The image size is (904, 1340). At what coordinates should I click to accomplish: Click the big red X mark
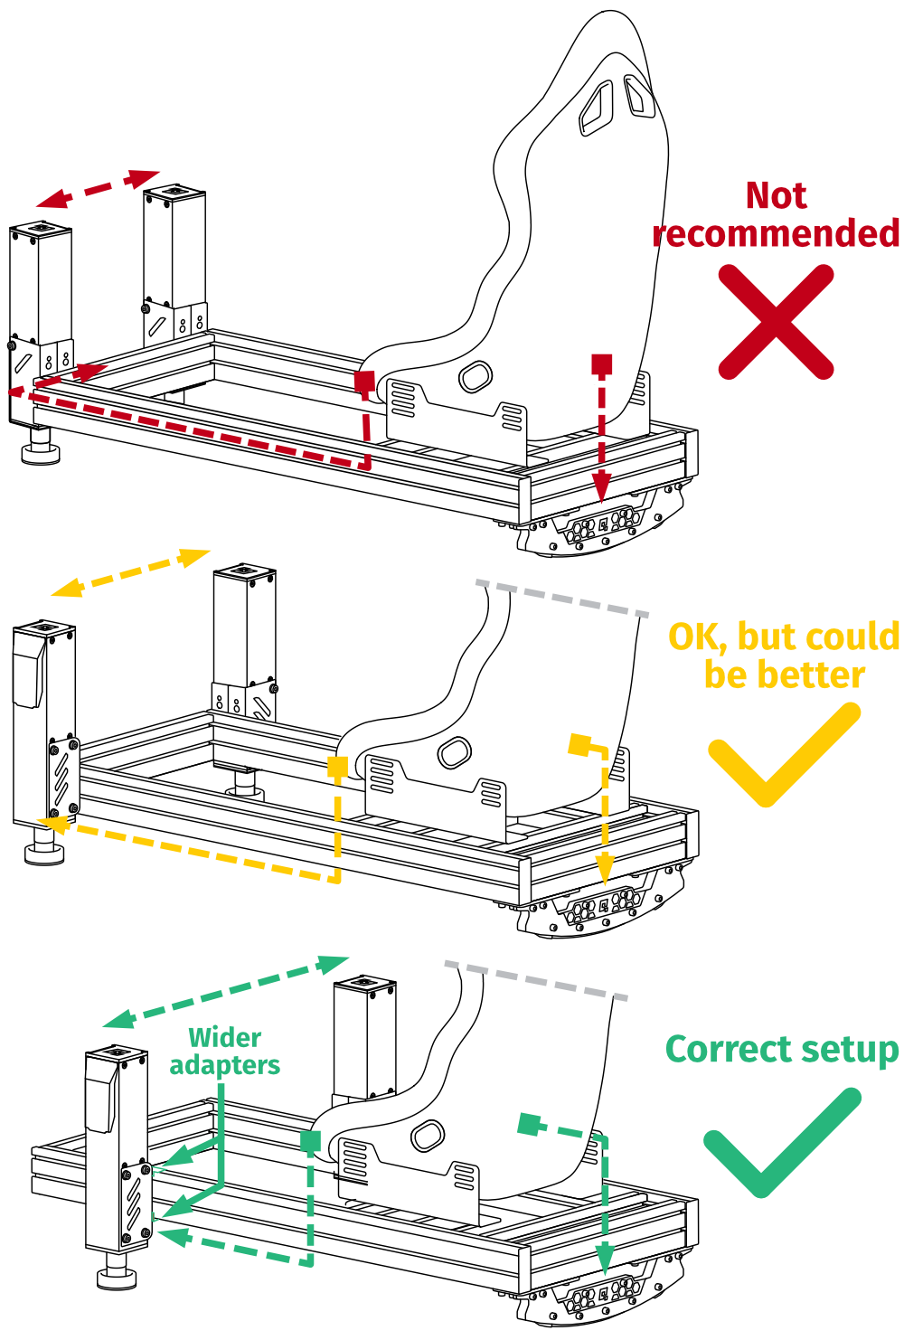776,322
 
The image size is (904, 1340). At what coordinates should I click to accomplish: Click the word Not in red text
776,195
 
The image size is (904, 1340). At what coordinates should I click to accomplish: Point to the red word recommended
776,233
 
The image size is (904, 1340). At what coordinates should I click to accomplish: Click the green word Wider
225,1037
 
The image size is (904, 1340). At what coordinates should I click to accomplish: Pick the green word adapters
225,1065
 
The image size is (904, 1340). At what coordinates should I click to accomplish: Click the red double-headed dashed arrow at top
98,188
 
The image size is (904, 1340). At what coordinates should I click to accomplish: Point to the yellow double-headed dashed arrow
130,572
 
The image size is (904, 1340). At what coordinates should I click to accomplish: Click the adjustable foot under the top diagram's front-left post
41,447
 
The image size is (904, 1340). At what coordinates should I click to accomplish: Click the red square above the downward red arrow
601,364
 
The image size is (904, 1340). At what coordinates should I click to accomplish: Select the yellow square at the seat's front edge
337,768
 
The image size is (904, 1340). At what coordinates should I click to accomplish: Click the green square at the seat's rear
531,1124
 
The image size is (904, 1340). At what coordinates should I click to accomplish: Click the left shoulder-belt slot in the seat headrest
597,107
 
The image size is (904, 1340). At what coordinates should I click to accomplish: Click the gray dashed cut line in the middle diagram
561,599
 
